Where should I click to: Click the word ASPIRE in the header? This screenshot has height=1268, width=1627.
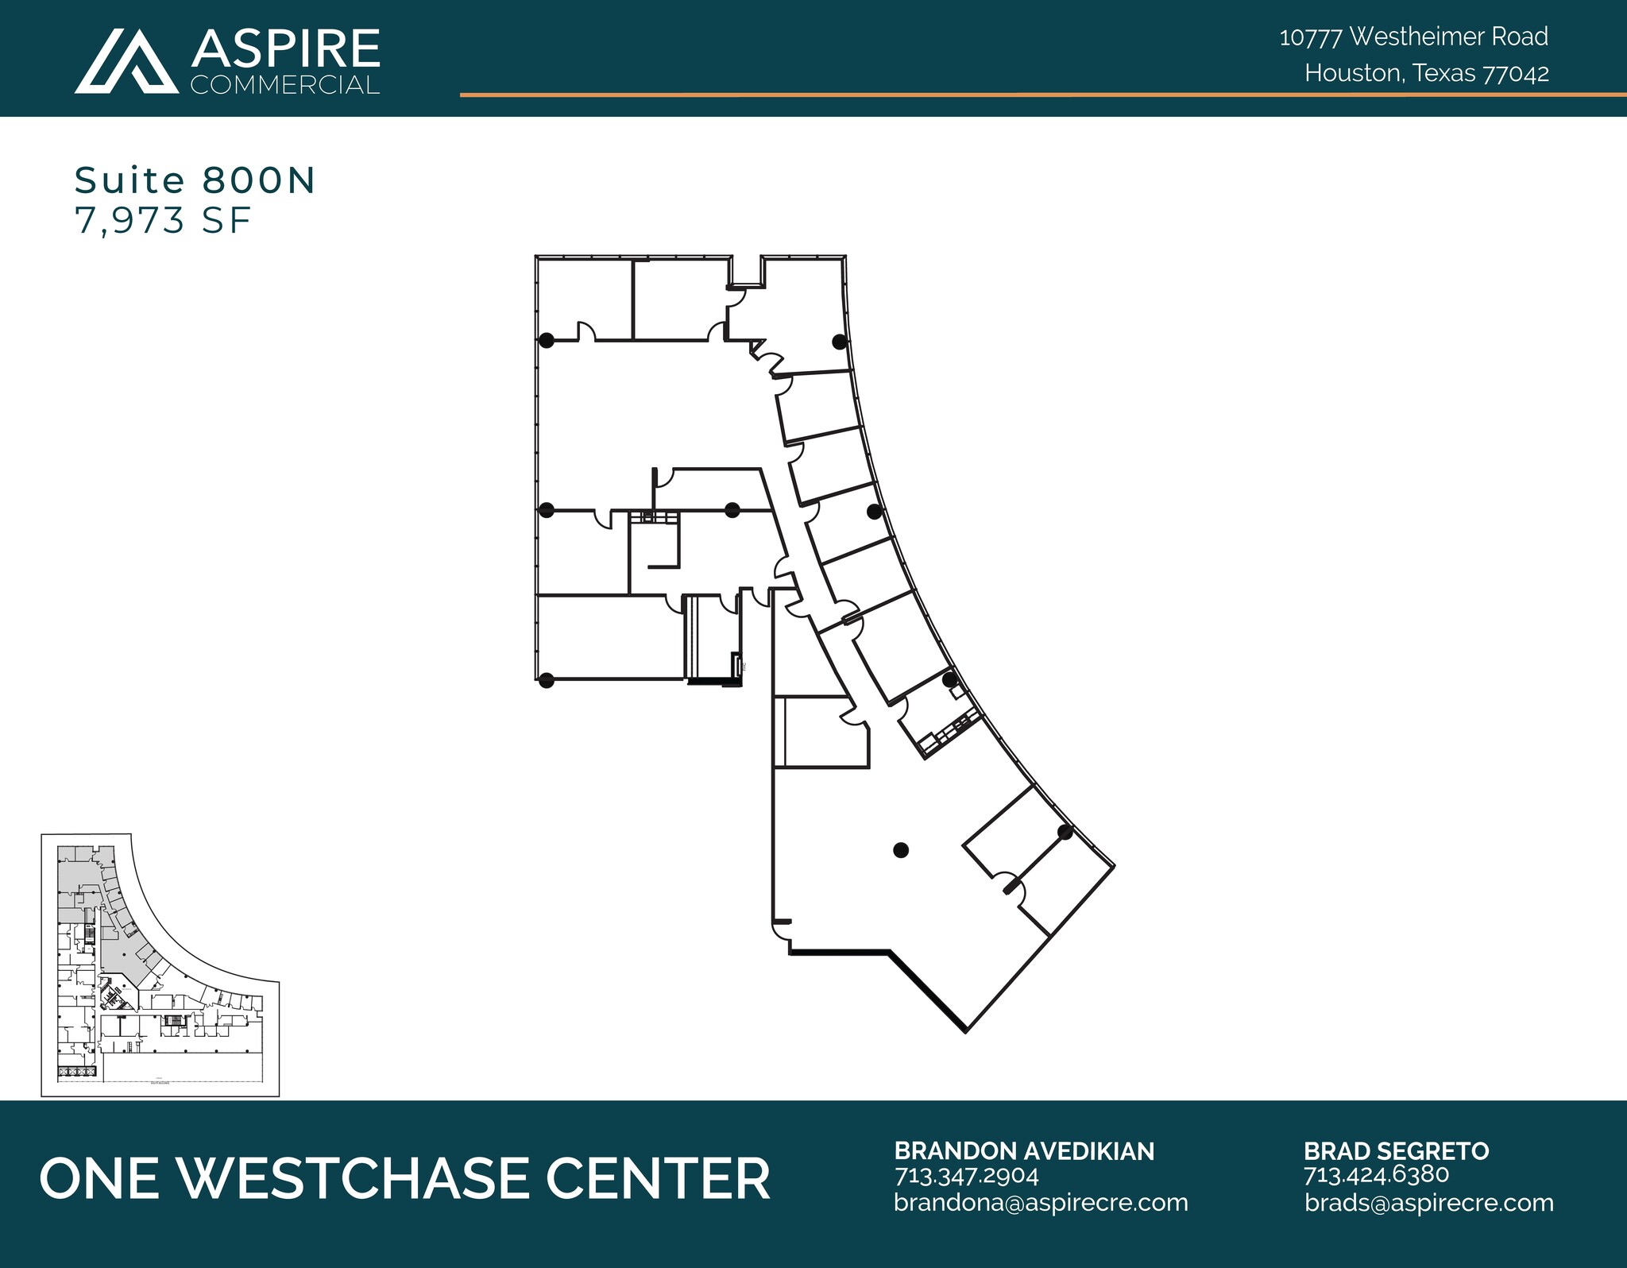pyautogui.click(x=285, y=49)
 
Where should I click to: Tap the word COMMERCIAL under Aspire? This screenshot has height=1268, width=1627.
pyautogui.click(x=285, y=85)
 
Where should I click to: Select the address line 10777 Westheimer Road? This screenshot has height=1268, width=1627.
pyautogui.click(x=1413, y=37)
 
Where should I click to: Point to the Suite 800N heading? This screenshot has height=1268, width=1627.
pyautogui.click(x=195, y=180)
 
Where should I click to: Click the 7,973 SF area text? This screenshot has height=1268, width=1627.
pyautogui.click(x=163, y=220)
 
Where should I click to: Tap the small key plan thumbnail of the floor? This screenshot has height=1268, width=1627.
pyautogui.click(x=160, y=965)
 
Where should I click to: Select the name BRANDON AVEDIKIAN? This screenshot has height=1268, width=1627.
pyautogui.click(x=1024, y=1151)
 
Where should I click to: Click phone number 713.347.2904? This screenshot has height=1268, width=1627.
pyautogui.click(x=967, y=1175)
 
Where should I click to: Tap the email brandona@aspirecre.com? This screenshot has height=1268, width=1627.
pyautogui.click(x=1041, y=1203)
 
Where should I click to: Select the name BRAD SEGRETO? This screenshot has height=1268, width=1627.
pyautogui.click(x=1396, y=1151)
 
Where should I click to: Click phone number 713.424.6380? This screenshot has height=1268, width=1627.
pyautogui.click(x=1376, y=1175)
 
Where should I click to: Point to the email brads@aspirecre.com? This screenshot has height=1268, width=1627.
pyautogui.click(x=1428, y=1203)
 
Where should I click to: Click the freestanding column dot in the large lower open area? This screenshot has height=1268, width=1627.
pyautogui.click(x=900, y=850)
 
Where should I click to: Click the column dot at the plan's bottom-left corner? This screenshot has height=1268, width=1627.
pyautogui.click(x=546, y=680)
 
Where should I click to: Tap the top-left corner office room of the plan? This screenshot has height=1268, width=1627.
pyautogui.click(x=584, y=298)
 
